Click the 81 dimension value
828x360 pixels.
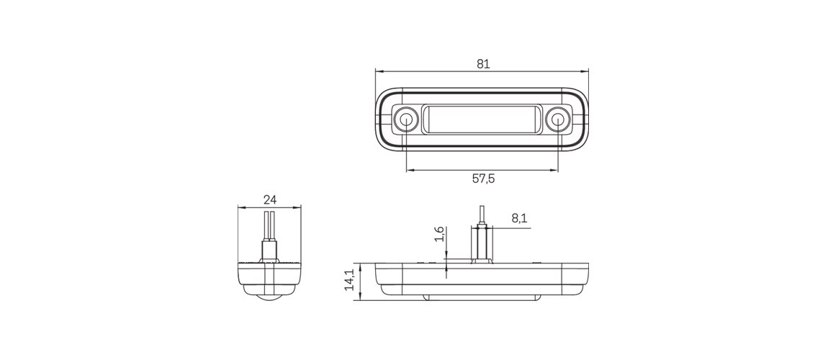pyautogui.click(x=483, y=64)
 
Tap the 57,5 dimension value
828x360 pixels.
pyautogui.click(x=483, y=179)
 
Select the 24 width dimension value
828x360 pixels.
pyautogui.click(x=270, y=199)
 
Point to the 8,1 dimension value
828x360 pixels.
pyautogui.click(x=519, y=219)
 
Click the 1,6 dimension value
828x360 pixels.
pyautogui.click(x=438, y=235)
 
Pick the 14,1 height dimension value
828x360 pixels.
pyautogui.click(x=349, y=280)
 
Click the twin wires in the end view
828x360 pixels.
pyautogui.click(x=270, y=226)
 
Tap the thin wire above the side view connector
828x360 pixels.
pyautogui.click(x=481, y=215)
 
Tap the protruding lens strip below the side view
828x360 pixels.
pyautogui.click(x=482, y=297)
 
